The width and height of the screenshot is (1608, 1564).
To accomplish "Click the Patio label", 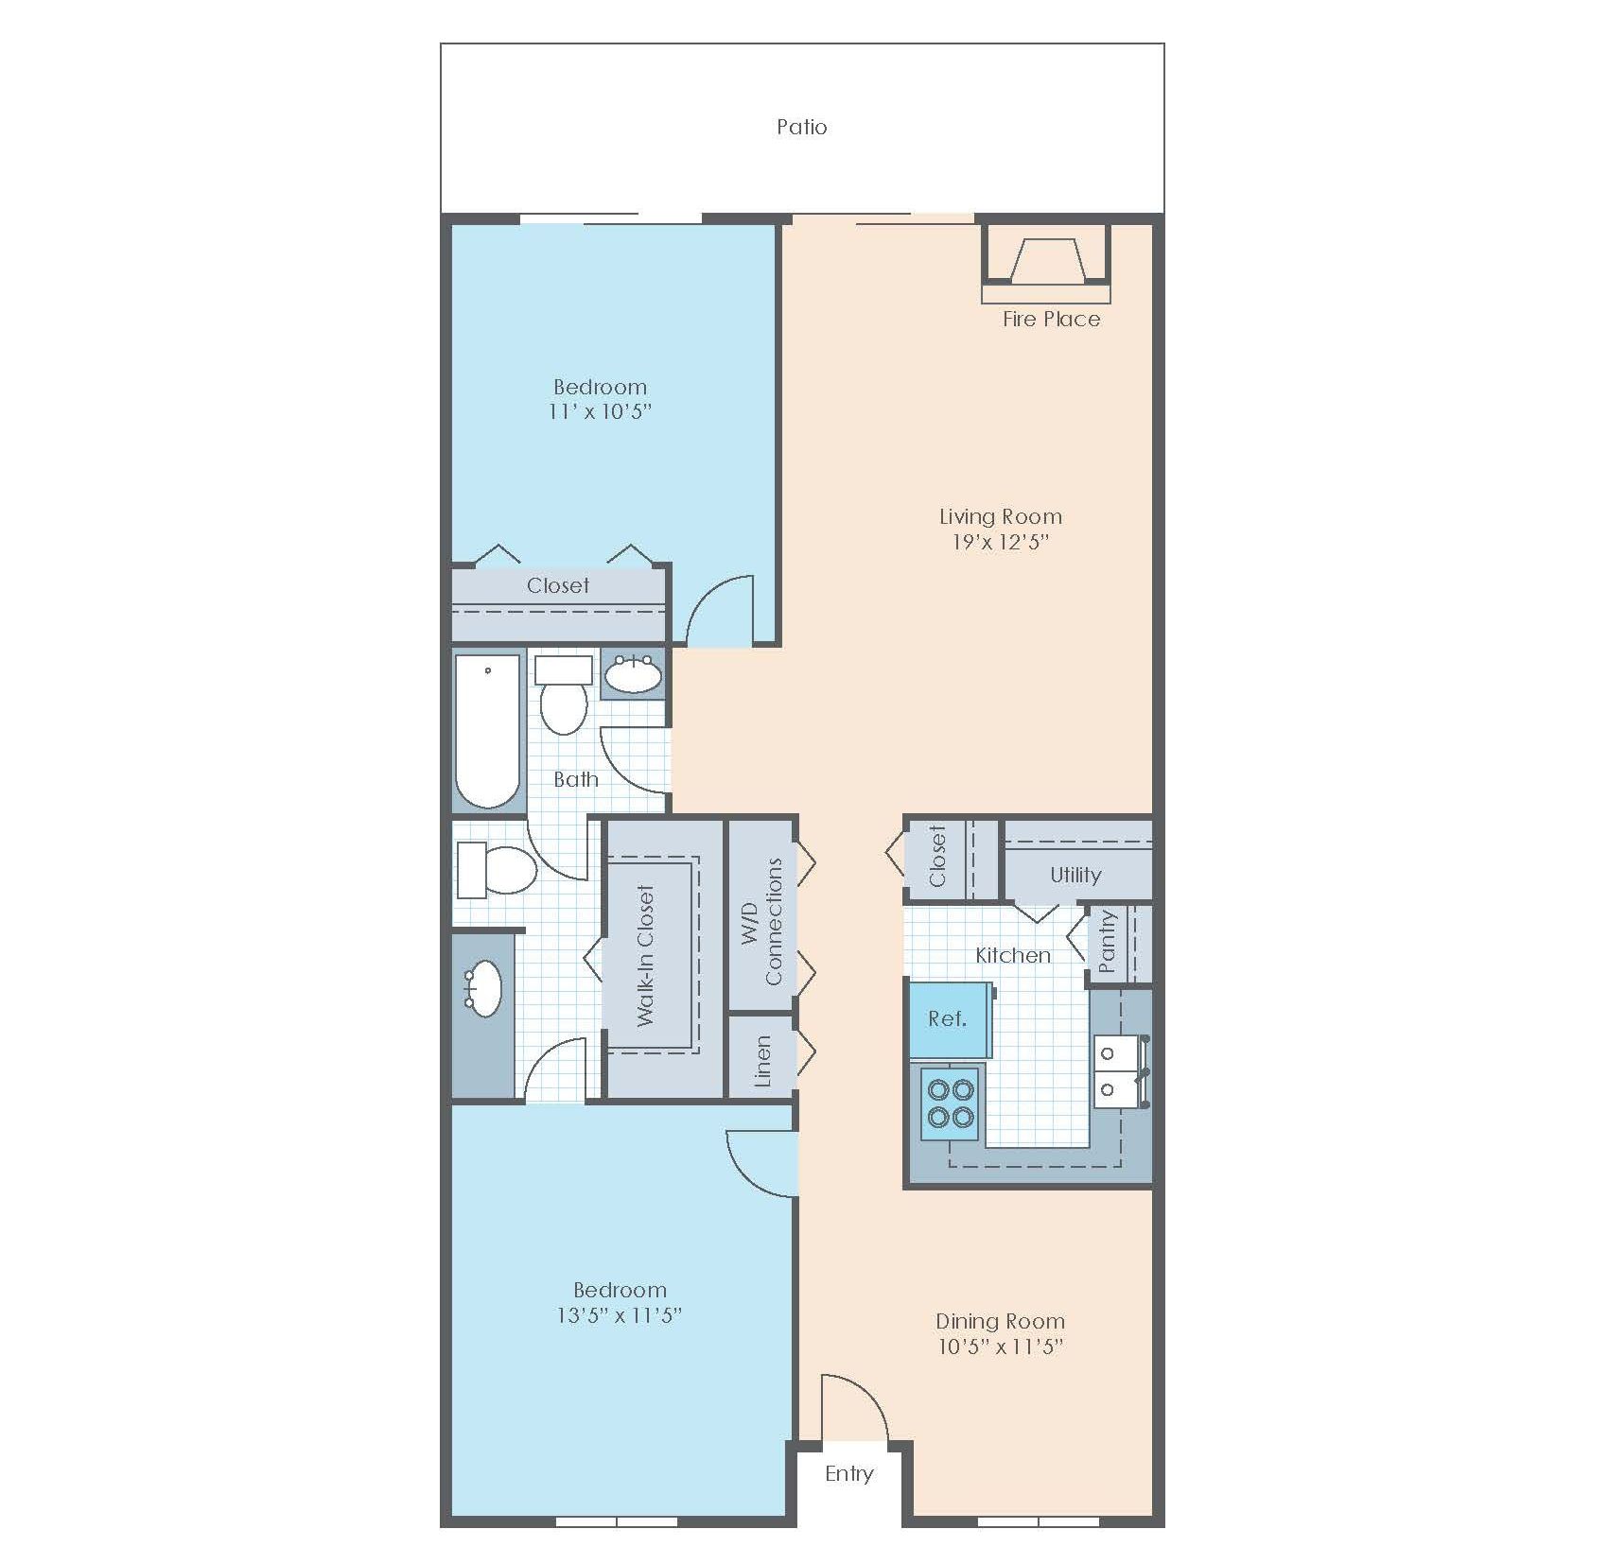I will coord(802,127).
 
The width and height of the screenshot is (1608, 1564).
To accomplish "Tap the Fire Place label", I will coord(1051,320).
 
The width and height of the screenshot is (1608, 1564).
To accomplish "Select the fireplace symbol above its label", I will coord(1046,260).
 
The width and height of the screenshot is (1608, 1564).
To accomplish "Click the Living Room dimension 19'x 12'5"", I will coord(1000,542).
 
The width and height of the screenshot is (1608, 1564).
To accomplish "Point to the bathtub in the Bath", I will coord(487,730).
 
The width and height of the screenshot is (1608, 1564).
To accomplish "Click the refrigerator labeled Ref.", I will coord(948,1019).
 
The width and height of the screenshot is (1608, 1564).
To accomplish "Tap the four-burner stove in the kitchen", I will coord(951,1103).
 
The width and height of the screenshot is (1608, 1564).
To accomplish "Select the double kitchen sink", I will coord(1119,1070).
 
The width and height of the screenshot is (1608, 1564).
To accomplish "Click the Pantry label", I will coord(1108,942).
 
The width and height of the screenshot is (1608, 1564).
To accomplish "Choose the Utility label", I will coord(1075,875).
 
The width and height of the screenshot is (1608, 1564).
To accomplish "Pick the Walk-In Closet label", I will coord(646,955).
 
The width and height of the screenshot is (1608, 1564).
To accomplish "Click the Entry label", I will coord(848,1473).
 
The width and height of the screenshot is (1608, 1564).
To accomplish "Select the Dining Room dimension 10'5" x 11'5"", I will coord(1000,1347).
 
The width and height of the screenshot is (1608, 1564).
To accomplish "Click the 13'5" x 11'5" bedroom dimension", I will coord(620,1315).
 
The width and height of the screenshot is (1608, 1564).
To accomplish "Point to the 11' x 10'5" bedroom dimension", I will coord(600,411).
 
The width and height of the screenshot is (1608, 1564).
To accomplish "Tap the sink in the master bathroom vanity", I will coord(484,988).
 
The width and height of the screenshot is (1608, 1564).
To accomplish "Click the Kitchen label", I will coord(1013,955).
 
